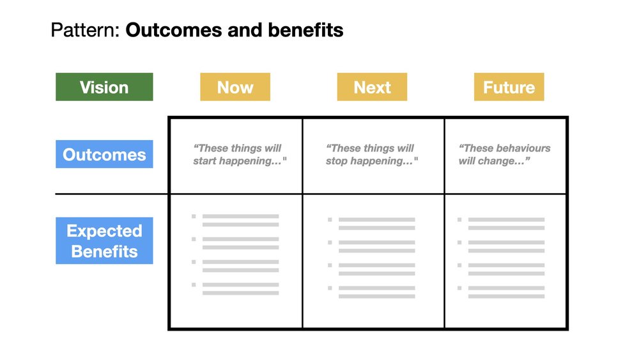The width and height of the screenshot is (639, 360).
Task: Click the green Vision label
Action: [x=104, y=87]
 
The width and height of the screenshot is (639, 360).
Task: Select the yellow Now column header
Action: [x=235, y=87]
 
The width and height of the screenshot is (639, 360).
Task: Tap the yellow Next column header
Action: [x=372, y=87]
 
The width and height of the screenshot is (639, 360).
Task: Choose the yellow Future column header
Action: [x=509, y=87]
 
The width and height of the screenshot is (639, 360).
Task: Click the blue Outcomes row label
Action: [x=104, y=154]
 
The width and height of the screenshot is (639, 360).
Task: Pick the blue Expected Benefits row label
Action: [x=104, y=240]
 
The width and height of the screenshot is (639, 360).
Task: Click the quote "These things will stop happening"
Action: [x=371, y=155]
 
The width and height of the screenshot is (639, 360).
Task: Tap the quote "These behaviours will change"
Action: [x=504, y=155]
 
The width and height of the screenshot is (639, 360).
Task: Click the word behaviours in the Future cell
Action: [x=524, y=148]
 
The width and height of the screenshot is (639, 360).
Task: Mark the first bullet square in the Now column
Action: [x=194, y=217]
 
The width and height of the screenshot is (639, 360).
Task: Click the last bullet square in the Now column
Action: [x=194, y=285]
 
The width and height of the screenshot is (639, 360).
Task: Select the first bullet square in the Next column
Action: [x=330, y=220]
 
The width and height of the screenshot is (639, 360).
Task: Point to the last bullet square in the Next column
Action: [x=330, y=288]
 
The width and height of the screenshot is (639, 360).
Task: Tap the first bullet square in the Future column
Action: [x=459, y=220]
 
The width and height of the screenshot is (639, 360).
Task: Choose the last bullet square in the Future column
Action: [x=459, y=288]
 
